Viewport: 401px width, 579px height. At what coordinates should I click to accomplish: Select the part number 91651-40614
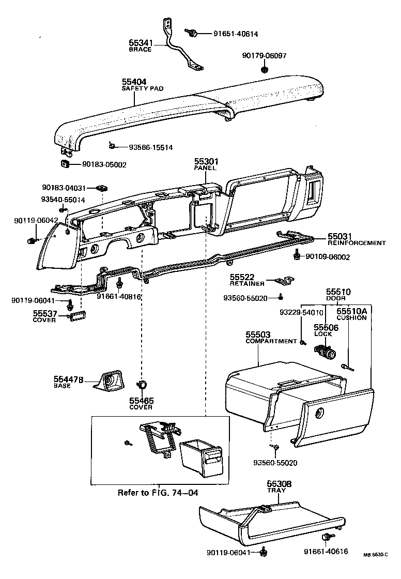tap(236, 34)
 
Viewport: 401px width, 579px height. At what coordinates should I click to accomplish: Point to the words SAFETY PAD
tap(143, 89)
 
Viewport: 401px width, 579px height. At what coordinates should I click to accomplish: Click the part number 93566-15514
tap(150, 147)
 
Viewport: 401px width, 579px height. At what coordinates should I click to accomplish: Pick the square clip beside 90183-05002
tap(65, 164)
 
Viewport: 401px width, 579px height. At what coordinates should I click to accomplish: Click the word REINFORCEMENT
tap(357, 242)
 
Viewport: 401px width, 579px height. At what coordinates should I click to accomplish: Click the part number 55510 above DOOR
tap(338, 292)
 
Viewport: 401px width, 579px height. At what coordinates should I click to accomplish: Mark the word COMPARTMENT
tap(265, 341)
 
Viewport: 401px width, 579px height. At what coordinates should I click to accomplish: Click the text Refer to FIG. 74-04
tap(158, 493)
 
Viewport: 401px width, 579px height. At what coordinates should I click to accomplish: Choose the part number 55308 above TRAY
tap(279, 484)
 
